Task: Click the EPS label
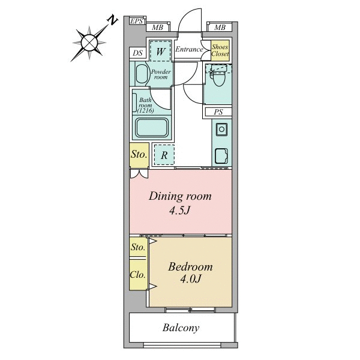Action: (137, 22)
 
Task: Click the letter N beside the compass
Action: (112, 20)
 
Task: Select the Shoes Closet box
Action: (220, 50)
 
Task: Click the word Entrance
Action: (188, 50)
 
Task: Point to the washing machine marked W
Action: (160, 52)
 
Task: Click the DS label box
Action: (137, 53)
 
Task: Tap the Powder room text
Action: (160, 74)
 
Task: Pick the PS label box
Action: (218, 112)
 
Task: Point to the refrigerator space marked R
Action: (163, 155)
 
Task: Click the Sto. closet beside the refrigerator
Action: (139, 155)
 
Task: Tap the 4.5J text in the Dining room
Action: (181, 211)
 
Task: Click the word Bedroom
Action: (190, 267)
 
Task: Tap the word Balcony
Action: (181, 328)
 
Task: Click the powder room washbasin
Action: (142, 74)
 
